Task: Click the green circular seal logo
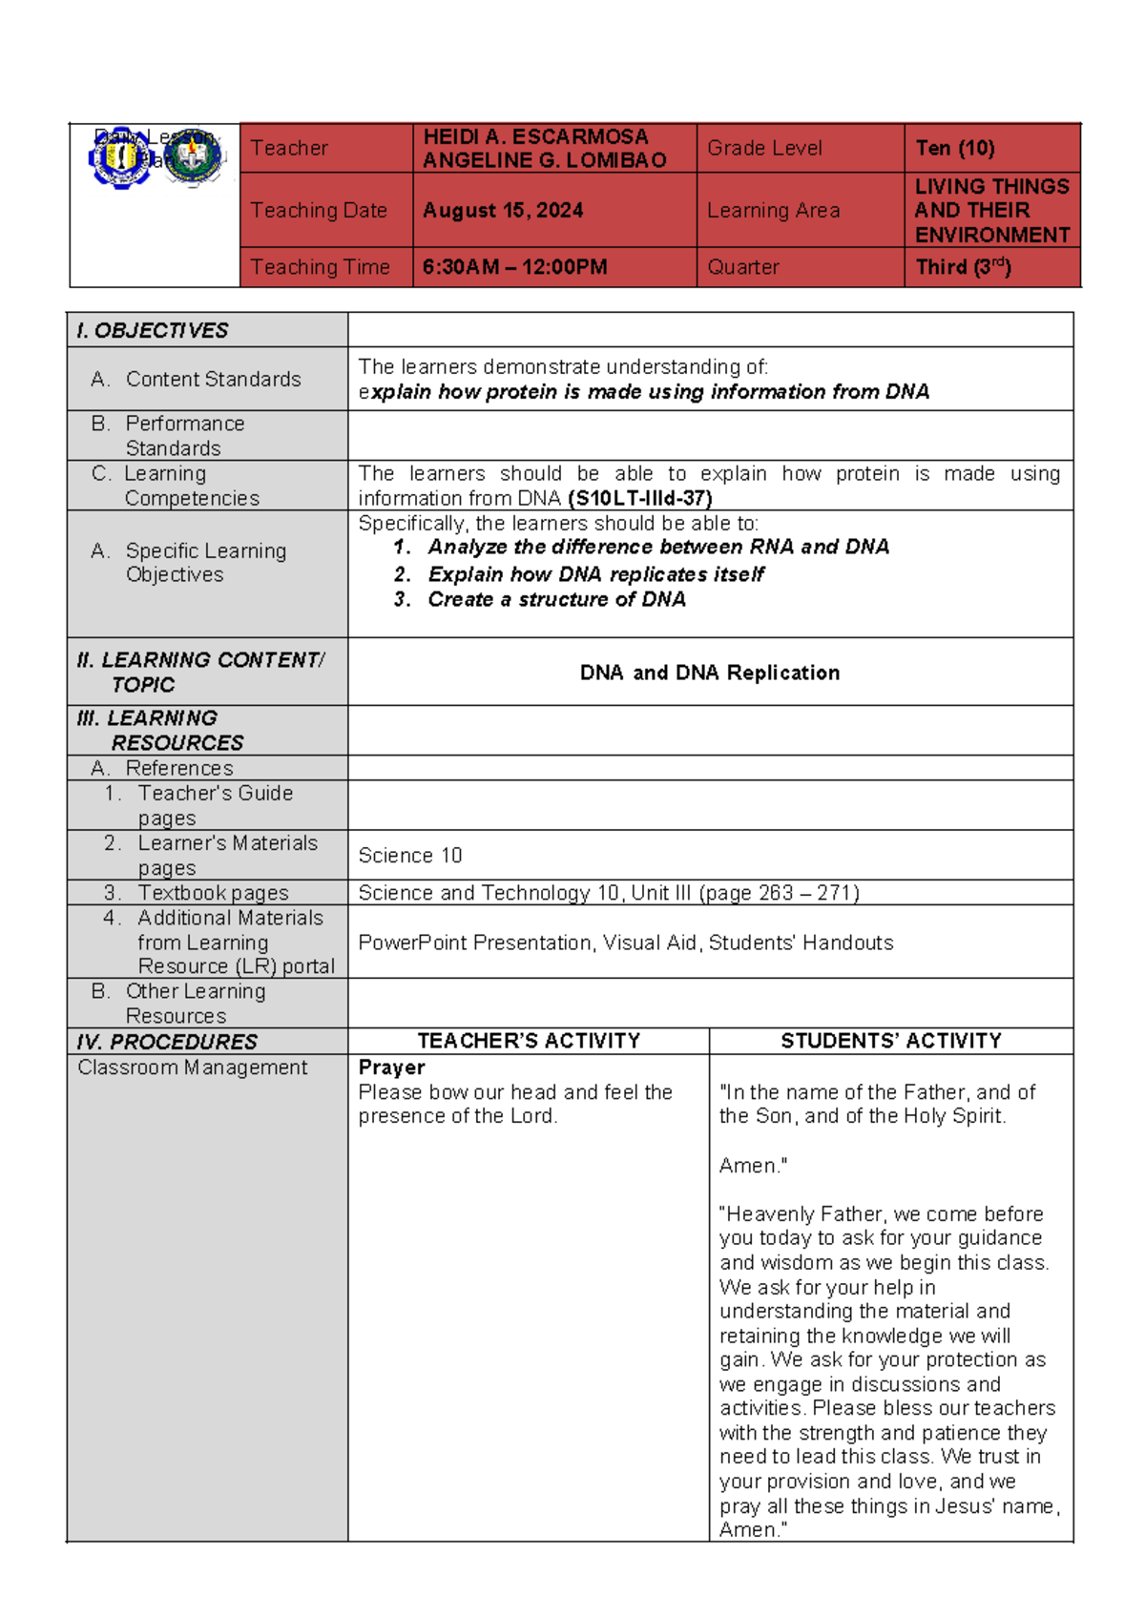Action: click(x=193, y=157)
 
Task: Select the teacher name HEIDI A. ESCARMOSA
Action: click(x=535, y=136)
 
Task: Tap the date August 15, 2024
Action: click(x=503, y=211)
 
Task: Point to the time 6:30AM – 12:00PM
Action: click(x=514, y=267)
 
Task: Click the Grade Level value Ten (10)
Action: click(x=954, y=148)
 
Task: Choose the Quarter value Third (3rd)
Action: click(x=962, y=267)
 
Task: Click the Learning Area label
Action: click(x=773, y=211)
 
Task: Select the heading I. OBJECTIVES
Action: click(x=153, y=330)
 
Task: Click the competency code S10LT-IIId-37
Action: click(x=639, y=498)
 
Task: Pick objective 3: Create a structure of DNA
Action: click(x=556, y=599)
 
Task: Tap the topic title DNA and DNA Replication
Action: click(x=710, y=673)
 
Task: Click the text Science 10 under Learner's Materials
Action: click(x=410, y=856)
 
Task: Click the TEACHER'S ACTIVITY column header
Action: click(x=529, y=1041)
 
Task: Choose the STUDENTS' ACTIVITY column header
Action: click(x=891, y=1041)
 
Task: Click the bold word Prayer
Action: click(x=391, y=1068)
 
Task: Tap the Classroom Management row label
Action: click(x=192, y=1068)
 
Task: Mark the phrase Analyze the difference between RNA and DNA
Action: click(x=658, y=547)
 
